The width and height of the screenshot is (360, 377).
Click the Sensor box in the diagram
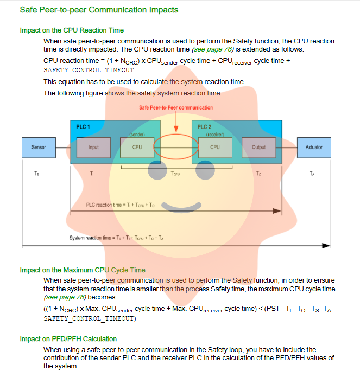39,147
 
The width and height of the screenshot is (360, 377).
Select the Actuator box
314,147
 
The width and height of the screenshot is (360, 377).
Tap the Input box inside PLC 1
93,147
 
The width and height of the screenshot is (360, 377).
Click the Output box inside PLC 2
258,147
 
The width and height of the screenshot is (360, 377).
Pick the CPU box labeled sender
137,147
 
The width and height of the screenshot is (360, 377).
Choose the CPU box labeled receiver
215,147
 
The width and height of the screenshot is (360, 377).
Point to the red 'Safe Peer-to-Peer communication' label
176,107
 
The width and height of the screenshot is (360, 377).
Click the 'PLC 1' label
83,127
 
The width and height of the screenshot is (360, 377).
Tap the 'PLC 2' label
205,127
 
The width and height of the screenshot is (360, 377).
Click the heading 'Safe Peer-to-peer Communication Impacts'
99,10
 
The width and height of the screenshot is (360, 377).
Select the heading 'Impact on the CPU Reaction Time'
72,30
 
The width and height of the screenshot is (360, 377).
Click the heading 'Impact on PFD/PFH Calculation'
68,339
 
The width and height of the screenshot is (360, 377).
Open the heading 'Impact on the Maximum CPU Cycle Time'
83,270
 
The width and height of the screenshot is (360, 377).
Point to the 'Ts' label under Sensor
36,174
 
